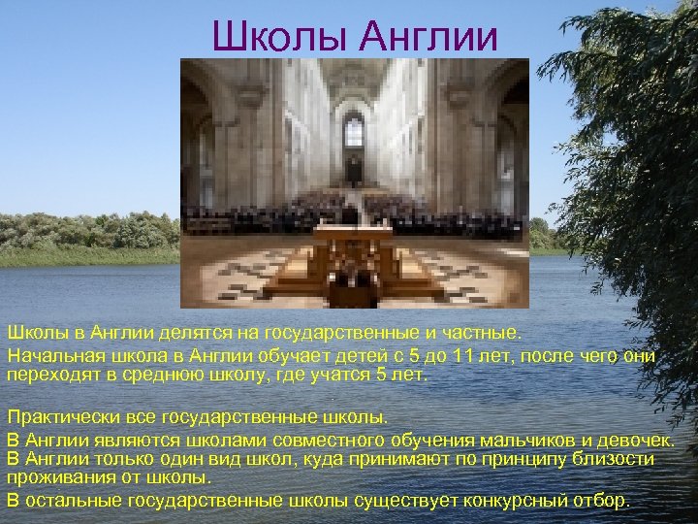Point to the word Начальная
[48, 356]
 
